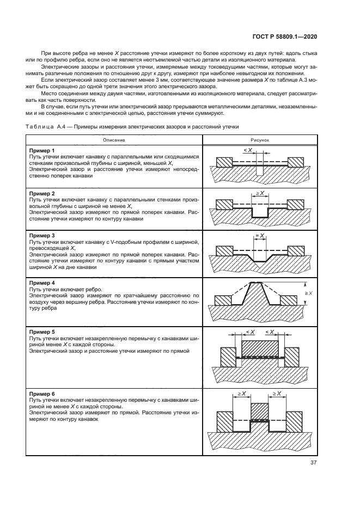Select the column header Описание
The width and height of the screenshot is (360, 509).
(x=114, y=140)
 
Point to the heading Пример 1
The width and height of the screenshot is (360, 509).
(x=42, y=150)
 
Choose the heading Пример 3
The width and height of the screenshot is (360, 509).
(x=42, y=235)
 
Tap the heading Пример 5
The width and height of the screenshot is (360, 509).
(x=42, y=332)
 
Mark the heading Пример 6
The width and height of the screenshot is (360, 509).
(x=42, y=393)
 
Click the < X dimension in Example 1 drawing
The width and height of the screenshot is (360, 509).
(x=247, y=150)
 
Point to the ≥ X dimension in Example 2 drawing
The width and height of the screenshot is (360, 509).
(x=259, y=194)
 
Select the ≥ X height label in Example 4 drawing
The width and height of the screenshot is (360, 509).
(x=309, y=293)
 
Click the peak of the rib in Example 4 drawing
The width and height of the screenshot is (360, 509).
(x=256, y=283)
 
